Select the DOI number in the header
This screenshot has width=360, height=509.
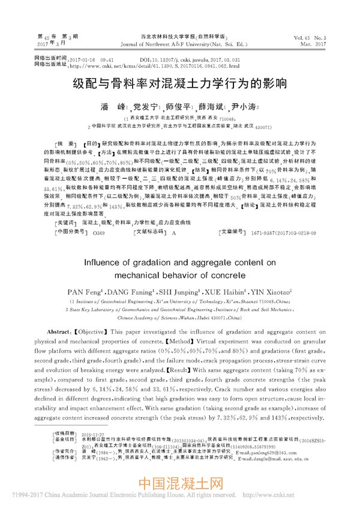click(x=190, y=61)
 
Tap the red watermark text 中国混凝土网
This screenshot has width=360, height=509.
click(x=179, y=484)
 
